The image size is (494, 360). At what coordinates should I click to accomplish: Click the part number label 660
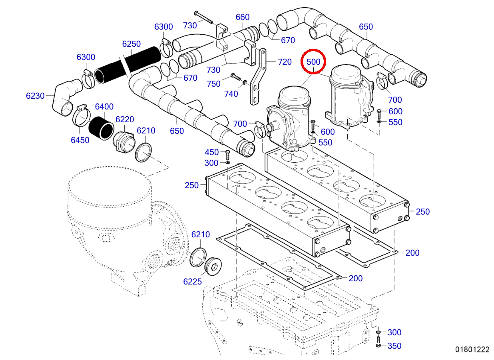(x=243, y=17)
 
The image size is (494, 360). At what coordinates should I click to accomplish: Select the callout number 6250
(x=131, y=44)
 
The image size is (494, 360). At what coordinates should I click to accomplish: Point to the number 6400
(x=104, y=107)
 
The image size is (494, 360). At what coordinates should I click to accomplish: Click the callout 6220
(x=125, y=119)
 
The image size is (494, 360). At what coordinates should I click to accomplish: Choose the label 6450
(x=80, y=141)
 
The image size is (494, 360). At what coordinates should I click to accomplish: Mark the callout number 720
(x=285, y=62)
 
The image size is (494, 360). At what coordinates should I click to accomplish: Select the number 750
(x=214, y=84)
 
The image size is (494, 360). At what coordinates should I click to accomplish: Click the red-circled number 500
(x=314, y=62)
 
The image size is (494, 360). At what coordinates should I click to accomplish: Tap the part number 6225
(x=193, y=282)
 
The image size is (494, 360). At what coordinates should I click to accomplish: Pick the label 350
(x=394, y=346)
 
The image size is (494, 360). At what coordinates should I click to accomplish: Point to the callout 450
(x=212, y=152)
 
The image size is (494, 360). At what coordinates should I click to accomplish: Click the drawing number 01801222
(x=472, y=350)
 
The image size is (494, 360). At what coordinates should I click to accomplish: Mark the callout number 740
(x=231, y=94)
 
